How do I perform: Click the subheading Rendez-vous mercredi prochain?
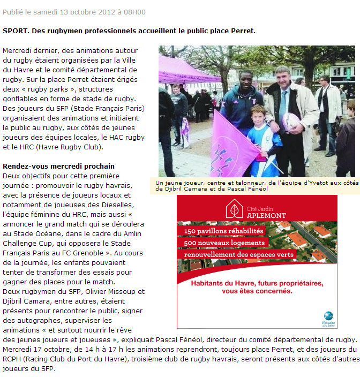[58, 166]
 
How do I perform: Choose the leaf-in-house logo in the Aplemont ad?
[234, 209]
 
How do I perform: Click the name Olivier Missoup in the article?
[117, 292]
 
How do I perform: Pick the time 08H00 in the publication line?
[133, 12]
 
